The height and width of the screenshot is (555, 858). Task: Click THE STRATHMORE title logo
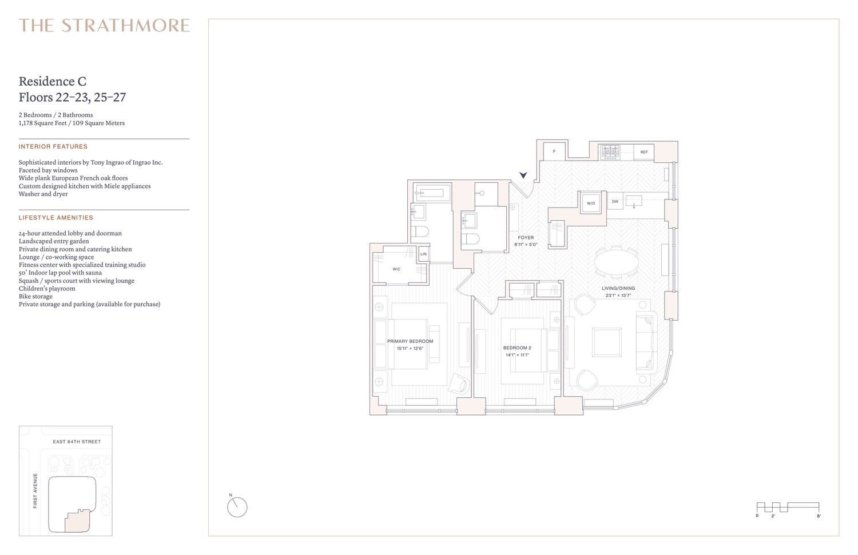(104, 26)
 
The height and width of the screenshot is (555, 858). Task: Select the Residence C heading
(53, 82)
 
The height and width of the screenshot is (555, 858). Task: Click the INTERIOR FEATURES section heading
(53, 147)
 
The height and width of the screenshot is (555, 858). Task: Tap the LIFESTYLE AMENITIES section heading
(56, 218)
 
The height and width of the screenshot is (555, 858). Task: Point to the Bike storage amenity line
(35, 297)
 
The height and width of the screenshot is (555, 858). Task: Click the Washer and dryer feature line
(43, 194)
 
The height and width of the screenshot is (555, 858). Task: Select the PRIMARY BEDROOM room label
(410, 341)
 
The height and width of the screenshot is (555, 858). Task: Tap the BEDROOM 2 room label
(517, 348)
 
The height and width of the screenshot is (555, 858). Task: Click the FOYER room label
(526, 238)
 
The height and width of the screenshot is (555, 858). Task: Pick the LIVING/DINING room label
(618, 289)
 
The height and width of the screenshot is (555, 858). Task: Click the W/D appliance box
(591, 203)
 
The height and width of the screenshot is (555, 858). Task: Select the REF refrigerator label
(644, 152)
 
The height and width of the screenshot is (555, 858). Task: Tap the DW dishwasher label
(615, 202)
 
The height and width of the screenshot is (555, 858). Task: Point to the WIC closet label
(396, 269)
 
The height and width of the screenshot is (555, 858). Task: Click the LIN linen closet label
(423, 254)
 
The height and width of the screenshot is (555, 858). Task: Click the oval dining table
(617, 264)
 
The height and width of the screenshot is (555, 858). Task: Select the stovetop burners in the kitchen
(610, 151)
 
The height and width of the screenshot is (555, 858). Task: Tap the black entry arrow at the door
(522, 175)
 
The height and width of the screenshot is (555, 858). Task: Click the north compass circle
(237, 507)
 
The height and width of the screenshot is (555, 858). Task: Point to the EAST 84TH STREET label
(77, 442)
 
